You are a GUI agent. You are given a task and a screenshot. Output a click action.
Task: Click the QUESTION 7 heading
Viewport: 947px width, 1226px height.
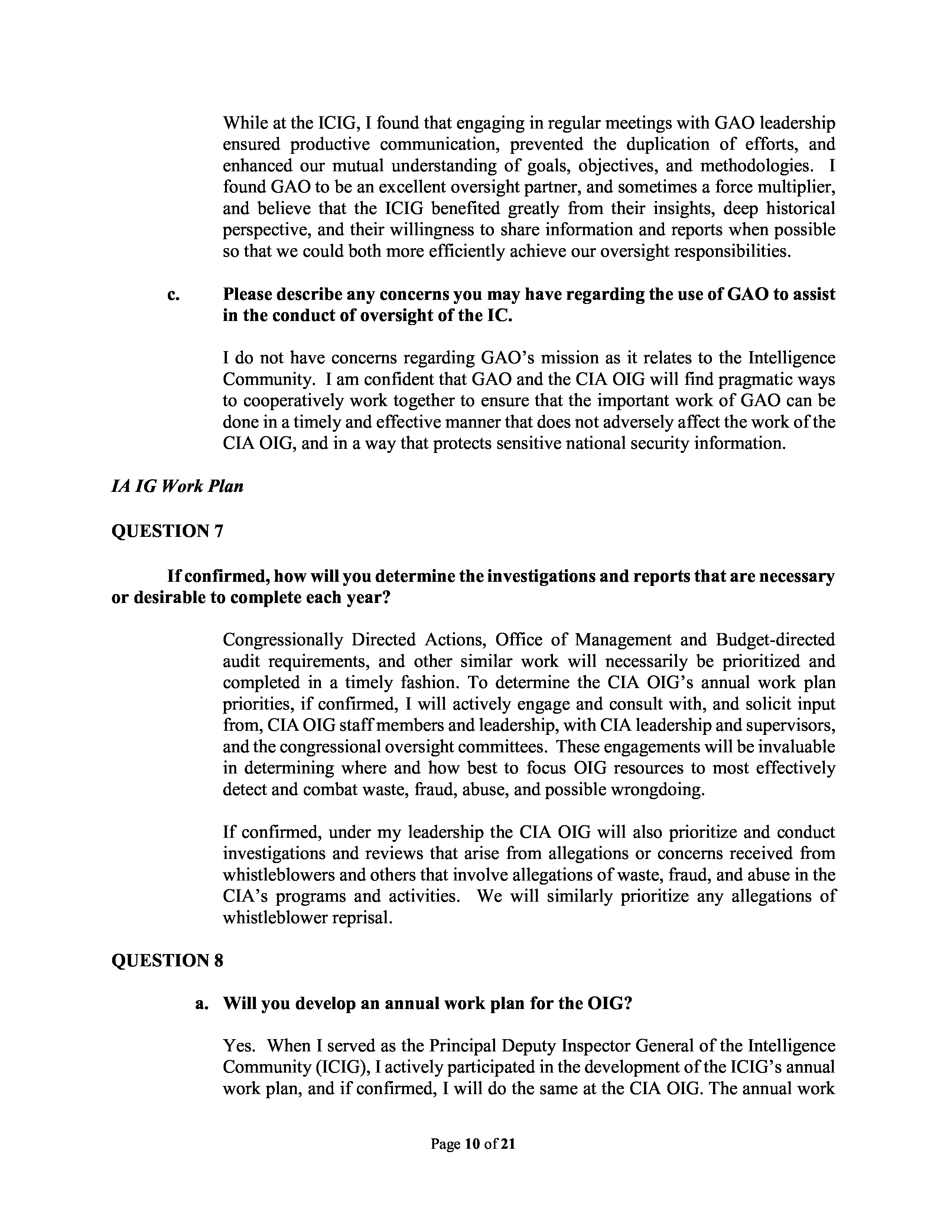(167, 531)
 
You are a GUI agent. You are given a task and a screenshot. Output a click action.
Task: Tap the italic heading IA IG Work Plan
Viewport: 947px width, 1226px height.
(177, 486)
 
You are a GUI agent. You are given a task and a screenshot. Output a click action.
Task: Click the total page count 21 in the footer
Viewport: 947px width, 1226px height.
(508, 1144)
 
